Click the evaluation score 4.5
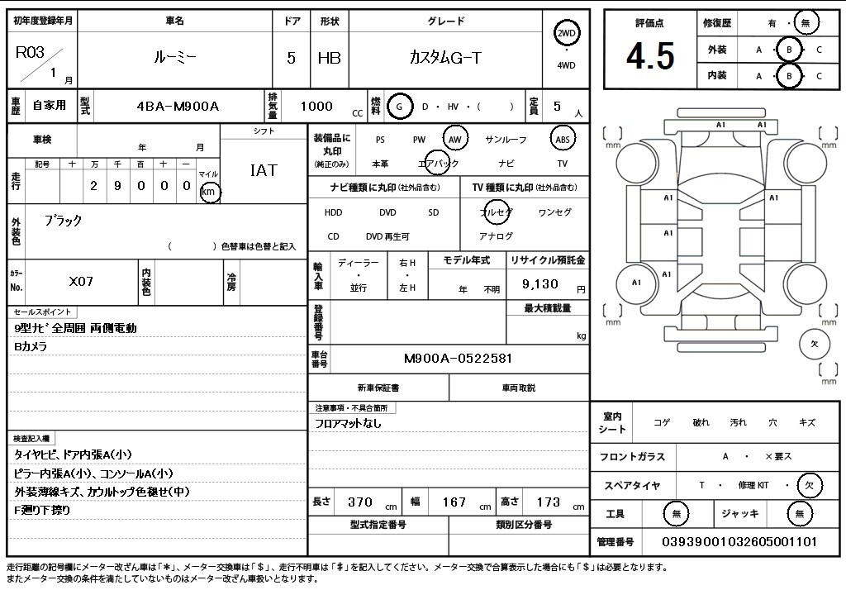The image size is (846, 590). point(650,56)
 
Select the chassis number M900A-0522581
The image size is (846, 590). point(458,359)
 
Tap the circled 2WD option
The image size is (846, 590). point(566,34)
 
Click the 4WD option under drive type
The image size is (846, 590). point(566,65)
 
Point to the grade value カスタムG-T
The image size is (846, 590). point(445,57)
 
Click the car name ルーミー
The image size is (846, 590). point(175,57)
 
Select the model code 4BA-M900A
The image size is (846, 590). point(178,107)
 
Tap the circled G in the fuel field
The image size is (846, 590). point(399,107)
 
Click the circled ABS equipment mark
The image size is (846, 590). point(562,140)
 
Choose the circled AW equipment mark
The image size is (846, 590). point(455,140)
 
